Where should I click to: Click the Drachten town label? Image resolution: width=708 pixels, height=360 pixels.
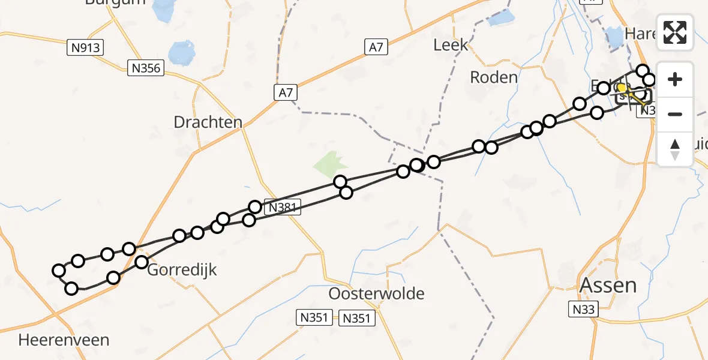tap(208, 122)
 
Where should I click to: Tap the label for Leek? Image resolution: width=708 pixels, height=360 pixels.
tap(451, 44)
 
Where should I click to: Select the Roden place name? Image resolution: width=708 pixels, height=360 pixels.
tap(494, 77)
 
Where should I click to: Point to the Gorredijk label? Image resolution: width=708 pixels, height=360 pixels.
tap(182, 270)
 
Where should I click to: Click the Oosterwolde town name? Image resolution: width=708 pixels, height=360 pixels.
tap(377, 294)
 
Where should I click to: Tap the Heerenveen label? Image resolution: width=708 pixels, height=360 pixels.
tap(64, 340)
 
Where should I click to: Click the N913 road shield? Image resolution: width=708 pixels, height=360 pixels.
tap(85, 48)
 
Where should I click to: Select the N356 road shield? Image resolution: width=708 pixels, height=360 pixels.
tap(145, 68)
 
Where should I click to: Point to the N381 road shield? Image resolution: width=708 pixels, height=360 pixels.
tap(282, 207)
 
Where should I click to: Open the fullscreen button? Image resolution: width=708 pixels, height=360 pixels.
tap(675, 33)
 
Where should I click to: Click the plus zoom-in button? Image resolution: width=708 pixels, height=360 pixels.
tap(675, 79)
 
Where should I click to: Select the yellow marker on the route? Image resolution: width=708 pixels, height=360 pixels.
tap(622, 88)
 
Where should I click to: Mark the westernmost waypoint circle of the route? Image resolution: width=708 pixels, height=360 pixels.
tap(59, 271)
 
